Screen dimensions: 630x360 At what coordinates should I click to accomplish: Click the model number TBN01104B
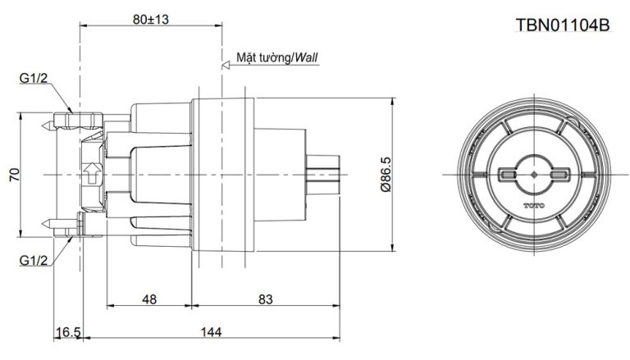(563, 25)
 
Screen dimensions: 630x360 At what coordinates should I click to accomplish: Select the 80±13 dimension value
(151, 19)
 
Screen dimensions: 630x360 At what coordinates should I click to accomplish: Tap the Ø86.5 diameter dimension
(386, 175)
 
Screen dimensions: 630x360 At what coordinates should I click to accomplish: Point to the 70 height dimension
(15, 175)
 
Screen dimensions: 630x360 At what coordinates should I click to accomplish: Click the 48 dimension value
(149, 299)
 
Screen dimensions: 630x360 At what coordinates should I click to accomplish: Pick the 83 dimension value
(265, 299)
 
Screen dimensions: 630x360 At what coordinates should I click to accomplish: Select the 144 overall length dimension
(211, 332)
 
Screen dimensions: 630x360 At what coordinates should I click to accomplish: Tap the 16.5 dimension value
(68, 332)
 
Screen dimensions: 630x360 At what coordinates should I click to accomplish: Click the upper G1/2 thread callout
(34, 78)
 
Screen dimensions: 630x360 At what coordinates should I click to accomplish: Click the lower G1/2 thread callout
(34, 261)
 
